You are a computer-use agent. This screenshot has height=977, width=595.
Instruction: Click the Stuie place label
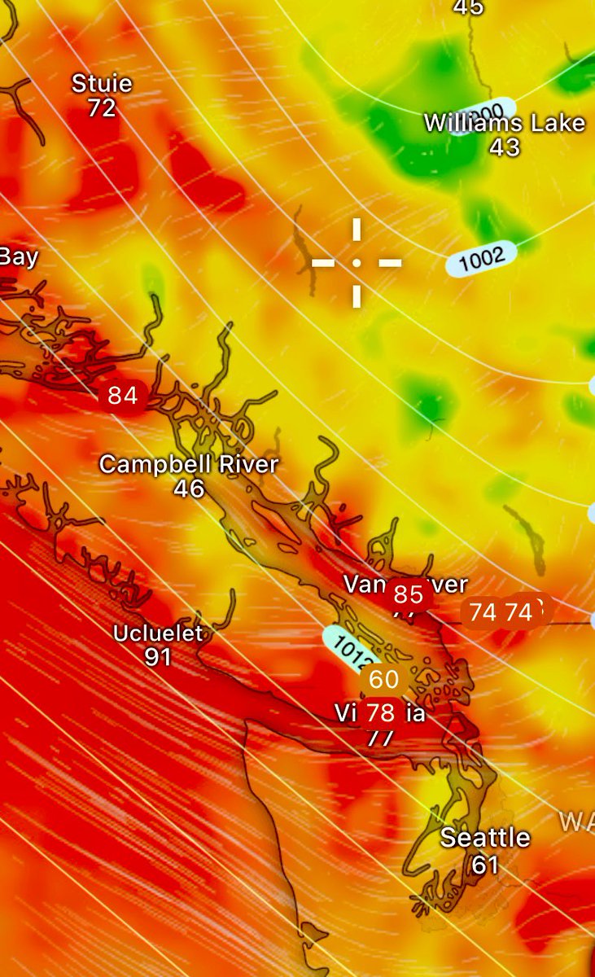102,83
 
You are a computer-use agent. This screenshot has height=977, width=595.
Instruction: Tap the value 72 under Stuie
102,107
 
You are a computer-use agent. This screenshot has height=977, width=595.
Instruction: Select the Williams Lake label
505,124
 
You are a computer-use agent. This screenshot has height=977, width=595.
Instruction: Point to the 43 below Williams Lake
505,147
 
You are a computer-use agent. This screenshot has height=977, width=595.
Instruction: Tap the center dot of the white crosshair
357,263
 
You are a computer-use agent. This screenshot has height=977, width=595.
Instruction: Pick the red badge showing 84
123,396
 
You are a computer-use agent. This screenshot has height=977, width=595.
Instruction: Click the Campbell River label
189,465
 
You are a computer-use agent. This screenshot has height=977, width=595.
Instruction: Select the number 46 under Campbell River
189,488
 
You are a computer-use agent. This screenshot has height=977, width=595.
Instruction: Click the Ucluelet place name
158,633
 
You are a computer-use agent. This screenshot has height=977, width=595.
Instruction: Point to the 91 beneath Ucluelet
158,656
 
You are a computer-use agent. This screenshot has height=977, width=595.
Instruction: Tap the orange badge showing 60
384,679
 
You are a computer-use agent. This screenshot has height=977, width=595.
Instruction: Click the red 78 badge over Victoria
380,714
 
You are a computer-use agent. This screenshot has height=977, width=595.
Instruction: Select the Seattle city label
485,838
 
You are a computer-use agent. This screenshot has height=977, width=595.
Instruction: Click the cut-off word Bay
18,257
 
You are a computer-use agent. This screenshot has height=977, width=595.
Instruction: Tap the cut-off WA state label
576,821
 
